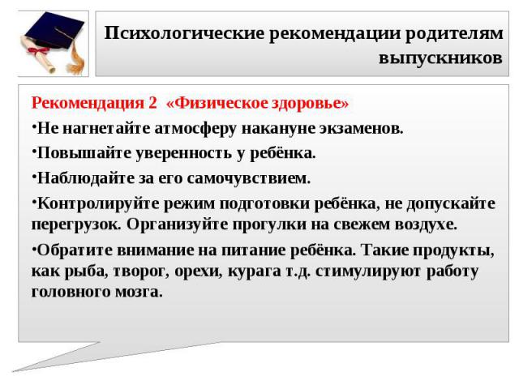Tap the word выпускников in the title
[440, 58]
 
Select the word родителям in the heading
[454, 34]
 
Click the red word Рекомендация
[88, 103]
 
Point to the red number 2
[152, 103]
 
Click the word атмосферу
[195, 128]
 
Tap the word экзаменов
[361, 129]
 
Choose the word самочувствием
[249, 178]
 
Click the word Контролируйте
[98, 203]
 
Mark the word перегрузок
[79, 225]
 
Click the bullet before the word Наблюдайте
[34, 174]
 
